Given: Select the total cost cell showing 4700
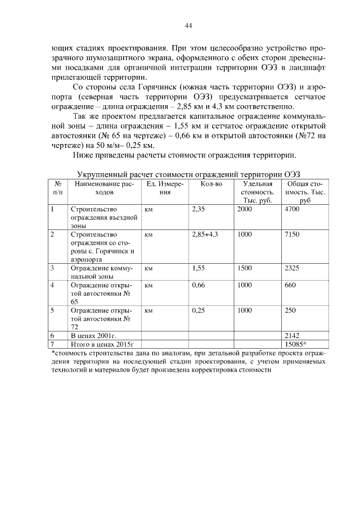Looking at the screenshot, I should (x=292, y=209).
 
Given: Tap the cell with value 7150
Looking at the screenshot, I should (x=292, y=235).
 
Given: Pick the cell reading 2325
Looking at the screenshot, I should (x=292, y=268).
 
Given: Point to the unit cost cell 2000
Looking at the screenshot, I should (x=245, y=209).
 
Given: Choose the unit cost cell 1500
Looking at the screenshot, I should (x=245, y=268).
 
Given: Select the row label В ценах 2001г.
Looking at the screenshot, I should (x=93, y=336).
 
